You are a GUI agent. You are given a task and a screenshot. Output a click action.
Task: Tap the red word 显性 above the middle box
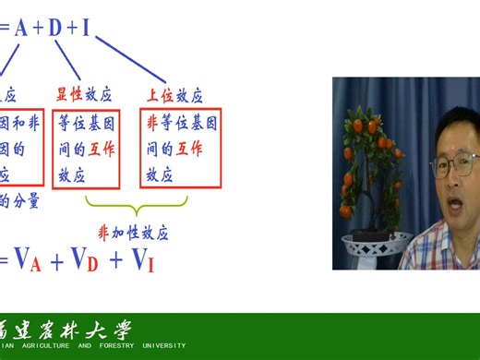(x=70, y=95)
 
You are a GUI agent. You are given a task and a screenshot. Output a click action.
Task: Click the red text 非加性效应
(x=133, y=231)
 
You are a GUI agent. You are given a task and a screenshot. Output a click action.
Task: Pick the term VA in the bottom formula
(x=27, y=262)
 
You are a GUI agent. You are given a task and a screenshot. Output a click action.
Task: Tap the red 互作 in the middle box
(x=102, y=149)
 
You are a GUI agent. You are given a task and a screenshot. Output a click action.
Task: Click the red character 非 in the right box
(x=152, y=123)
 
